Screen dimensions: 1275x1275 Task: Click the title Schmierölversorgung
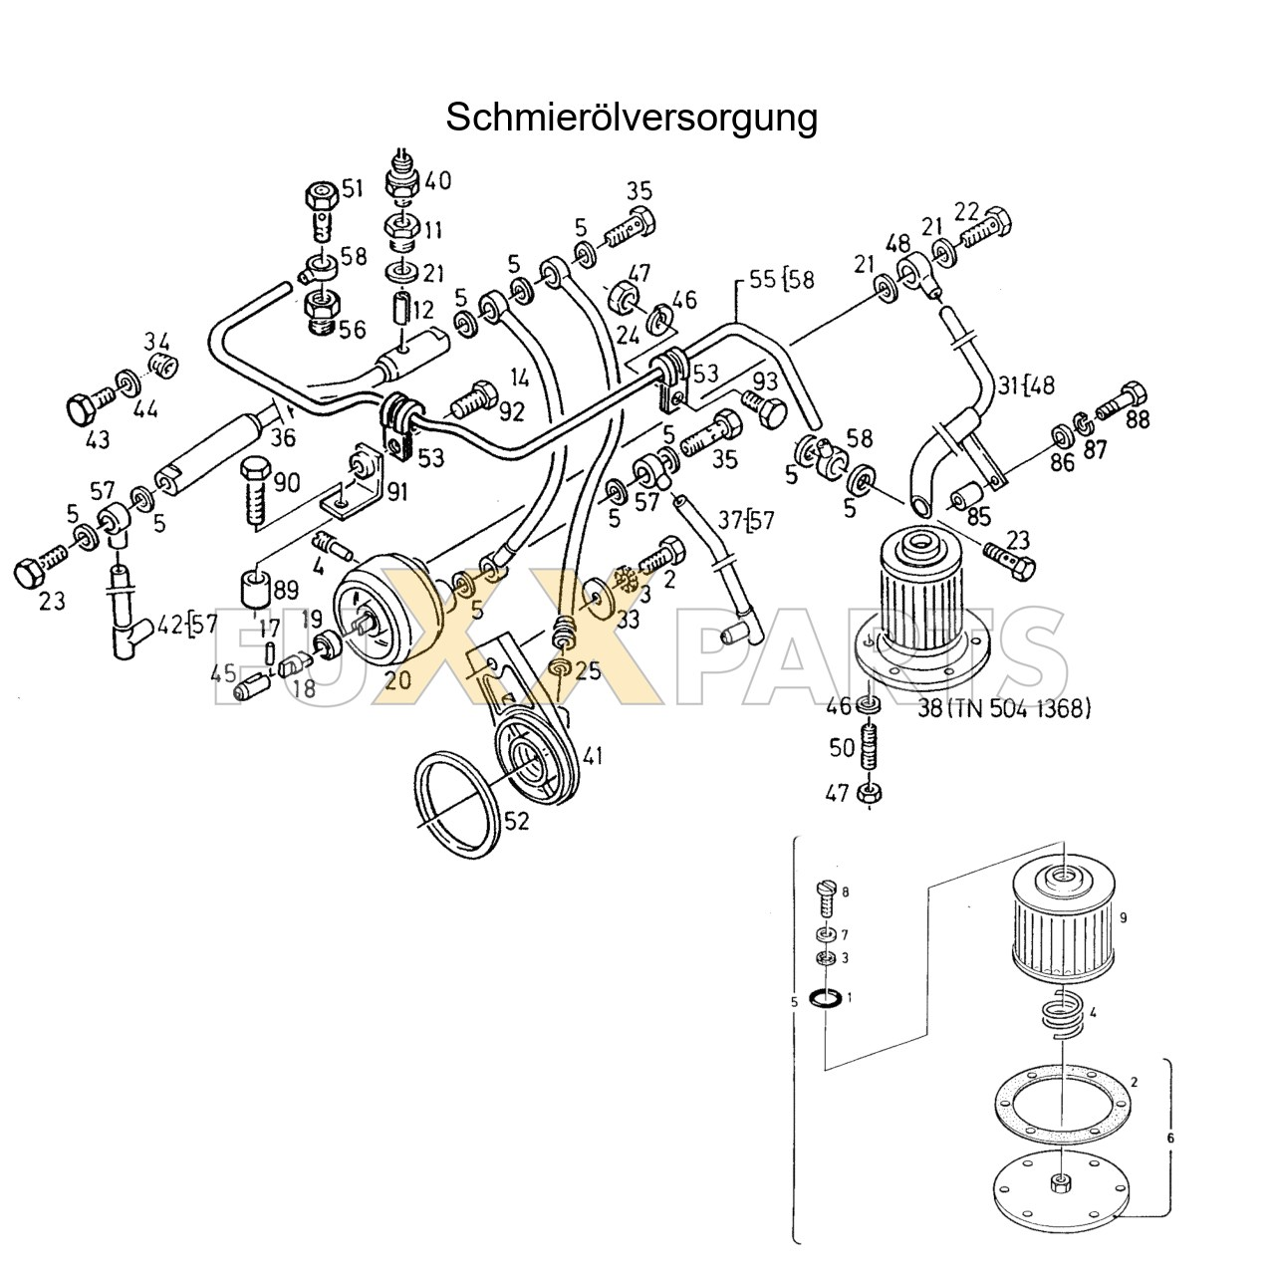pyautogui.click(x=631, y=117)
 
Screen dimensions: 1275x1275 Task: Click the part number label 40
pyautogui.click(x=437, y=180)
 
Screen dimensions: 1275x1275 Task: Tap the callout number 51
pyautogui.click(x=353, y=187)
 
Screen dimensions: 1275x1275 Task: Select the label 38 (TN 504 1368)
pyautogui.click(x=1004, y=708)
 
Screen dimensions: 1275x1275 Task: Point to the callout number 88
pyautogui.click(x=1137, y=419)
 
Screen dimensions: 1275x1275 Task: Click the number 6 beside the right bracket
pyautogui.click(x=1170, y=1137)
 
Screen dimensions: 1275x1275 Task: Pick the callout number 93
pyautogui.click(x=765, y=381)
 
